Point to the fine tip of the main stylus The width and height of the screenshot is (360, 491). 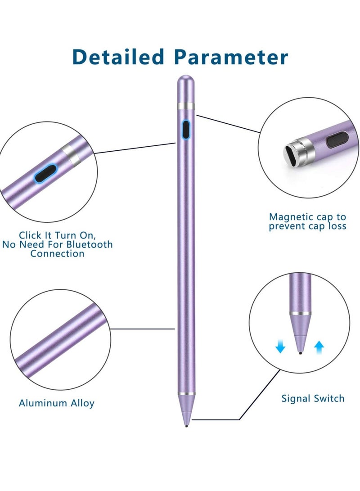186,424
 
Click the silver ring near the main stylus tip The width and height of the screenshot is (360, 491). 186,394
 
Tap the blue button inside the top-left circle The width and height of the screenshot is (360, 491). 46,174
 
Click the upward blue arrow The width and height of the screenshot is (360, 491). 319,346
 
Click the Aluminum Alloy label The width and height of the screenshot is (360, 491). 57,403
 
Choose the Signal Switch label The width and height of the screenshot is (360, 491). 312,398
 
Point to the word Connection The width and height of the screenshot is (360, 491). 57,254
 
